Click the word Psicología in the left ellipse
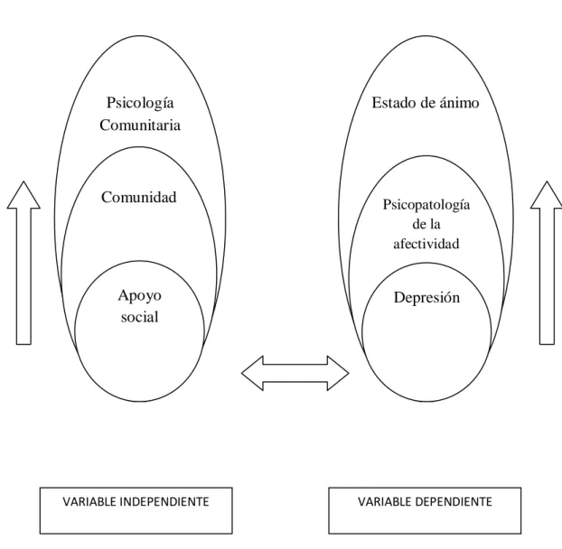pos(140,104)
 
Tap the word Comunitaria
pos(140,125)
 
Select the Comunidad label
pos(139,198)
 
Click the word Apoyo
pos(139,296)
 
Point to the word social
pos(139,317)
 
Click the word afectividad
pos(426,244)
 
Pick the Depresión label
pos(426,298)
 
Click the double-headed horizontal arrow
pos(295,373)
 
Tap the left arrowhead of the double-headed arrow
pos(252,373)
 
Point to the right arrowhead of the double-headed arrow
pos(338,373)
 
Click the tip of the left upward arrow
pos(23,181)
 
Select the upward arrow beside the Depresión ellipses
pos(547,263)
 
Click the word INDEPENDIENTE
pos(164,502)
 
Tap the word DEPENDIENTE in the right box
pos(454,502)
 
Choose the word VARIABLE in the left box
pos(89,502)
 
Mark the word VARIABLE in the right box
pos(385,502)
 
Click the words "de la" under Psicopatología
pos(426,224)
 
